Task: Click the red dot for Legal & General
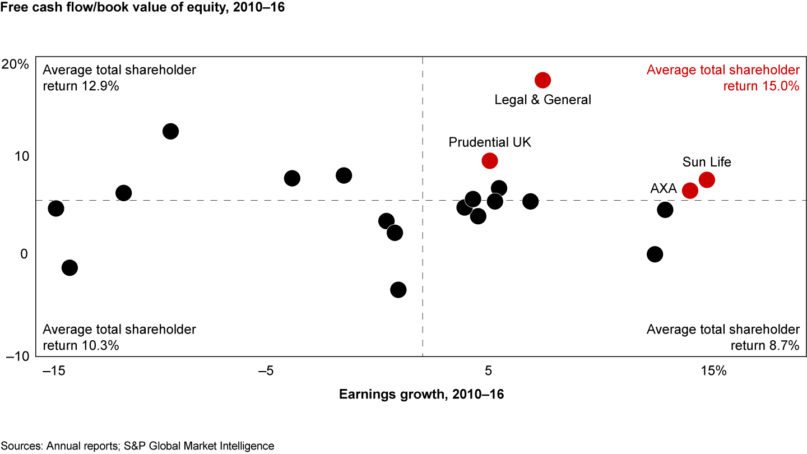(542, 80)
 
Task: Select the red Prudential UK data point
(490, 161)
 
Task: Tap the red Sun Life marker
(707, 179)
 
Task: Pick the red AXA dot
(690, 191)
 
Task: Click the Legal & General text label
(542, 100)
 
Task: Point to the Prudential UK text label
(490, 142)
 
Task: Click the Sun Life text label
(707, 162)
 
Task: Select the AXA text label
(664, 189)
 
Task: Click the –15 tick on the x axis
(53, 371)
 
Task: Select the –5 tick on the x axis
(266, 371)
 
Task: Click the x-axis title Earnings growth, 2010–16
(421, 394)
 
